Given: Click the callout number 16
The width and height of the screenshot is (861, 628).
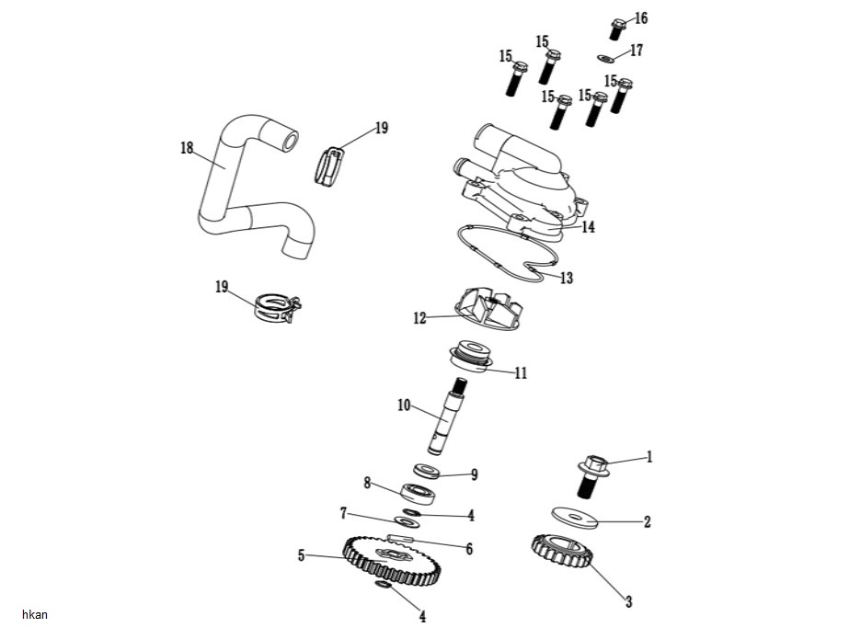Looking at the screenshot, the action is [641, 18].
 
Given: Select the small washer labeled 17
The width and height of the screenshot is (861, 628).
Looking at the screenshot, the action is [604, 57].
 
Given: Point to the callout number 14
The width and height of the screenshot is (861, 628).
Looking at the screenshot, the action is [588, 227].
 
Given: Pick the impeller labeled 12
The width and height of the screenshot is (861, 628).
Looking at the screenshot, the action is [486, 309].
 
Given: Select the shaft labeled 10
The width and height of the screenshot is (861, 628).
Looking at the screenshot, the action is [448, 417].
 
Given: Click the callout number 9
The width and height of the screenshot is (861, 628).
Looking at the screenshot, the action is [475, 474].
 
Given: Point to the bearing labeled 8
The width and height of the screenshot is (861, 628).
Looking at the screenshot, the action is [420, 492].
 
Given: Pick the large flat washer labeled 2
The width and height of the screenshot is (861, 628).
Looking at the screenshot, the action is [574, 519].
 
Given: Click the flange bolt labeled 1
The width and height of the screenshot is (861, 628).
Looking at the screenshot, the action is [592, 476].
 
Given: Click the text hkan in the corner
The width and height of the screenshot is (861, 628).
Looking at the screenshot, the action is [35, 614].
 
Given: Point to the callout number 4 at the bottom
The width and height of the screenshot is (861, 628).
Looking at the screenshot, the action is [422, 616].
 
